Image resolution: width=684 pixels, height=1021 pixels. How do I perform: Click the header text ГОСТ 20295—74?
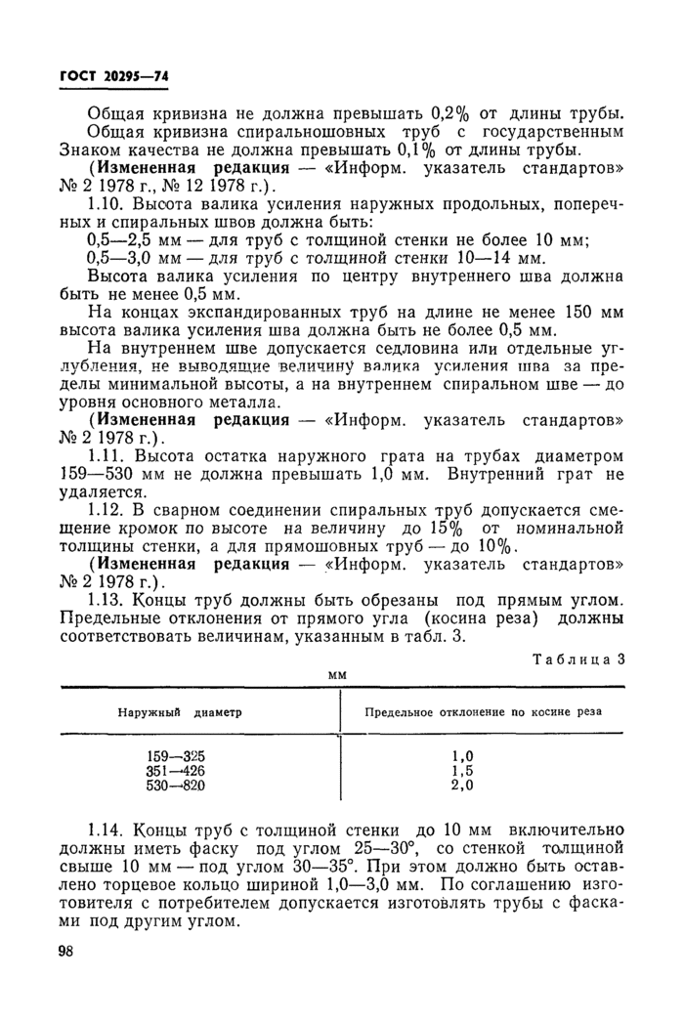click(115, 78)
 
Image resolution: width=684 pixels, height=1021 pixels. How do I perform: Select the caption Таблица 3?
click(577, 659)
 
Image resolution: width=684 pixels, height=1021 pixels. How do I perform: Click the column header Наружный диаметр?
click(180, 712)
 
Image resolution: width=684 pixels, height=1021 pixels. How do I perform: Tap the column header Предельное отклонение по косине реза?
click(483, 712)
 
